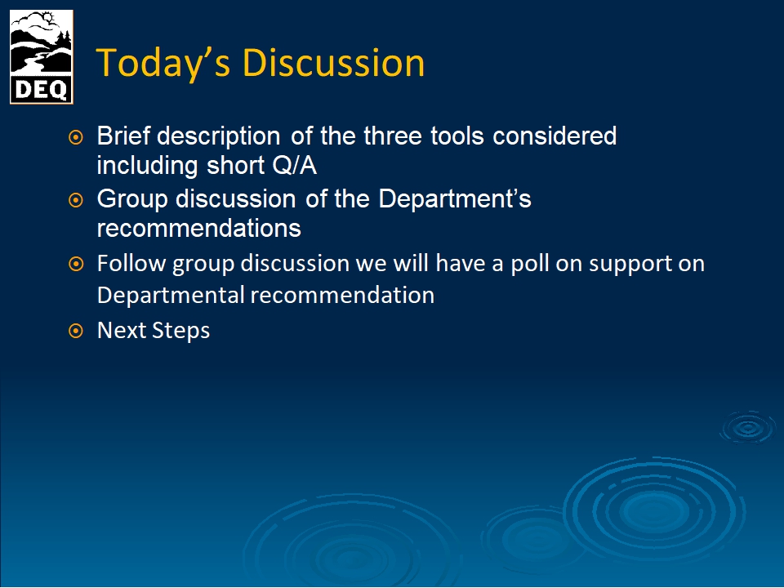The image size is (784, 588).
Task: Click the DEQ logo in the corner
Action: pos(42,57)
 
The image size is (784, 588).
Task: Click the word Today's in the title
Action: pos(163,64)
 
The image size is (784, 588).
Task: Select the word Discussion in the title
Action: pos(333,63)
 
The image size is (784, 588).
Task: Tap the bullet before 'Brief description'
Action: pos(75,137)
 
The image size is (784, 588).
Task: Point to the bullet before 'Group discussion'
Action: pos(75,200)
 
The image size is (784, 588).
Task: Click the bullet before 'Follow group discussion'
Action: pos(75,264)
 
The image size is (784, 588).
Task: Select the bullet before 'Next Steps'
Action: pos(75,331)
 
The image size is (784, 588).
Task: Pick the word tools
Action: pos(457,136)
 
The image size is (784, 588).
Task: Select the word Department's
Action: pos(455,199)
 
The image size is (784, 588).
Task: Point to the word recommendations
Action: pos(199,229)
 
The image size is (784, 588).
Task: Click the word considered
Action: pos(555,136)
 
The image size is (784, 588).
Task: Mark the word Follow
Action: pos(131,264)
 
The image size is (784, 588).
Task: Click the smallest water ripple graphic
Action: pos(748,427)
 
